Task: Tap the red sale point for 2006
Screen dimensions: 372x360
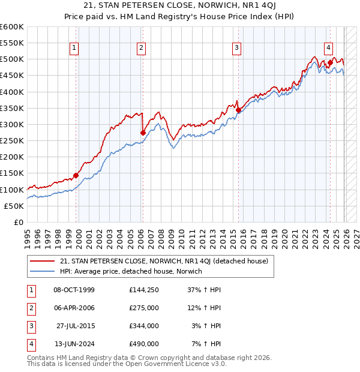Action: tap(143, 133)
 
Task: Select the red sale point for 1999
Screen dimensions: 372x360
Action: tap(76, 175)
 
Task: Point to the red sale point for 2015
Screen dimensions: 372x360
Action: tap(238, 110)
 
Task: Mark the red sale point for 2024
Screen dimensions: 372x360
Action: tap(330, 62)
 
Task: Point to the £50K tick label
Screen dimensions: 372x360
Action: tap(14, 206)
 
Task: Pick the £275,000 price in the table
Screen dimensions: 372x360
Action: tap(143, 308)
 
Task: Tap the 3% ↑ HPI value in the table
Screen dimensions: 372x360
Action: tap(206, 326)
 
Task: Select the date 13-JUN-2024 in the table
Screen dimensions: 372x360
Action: tap(74, 344)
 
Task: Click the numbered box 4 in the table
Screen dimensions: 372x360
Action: tap(30, 344)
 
